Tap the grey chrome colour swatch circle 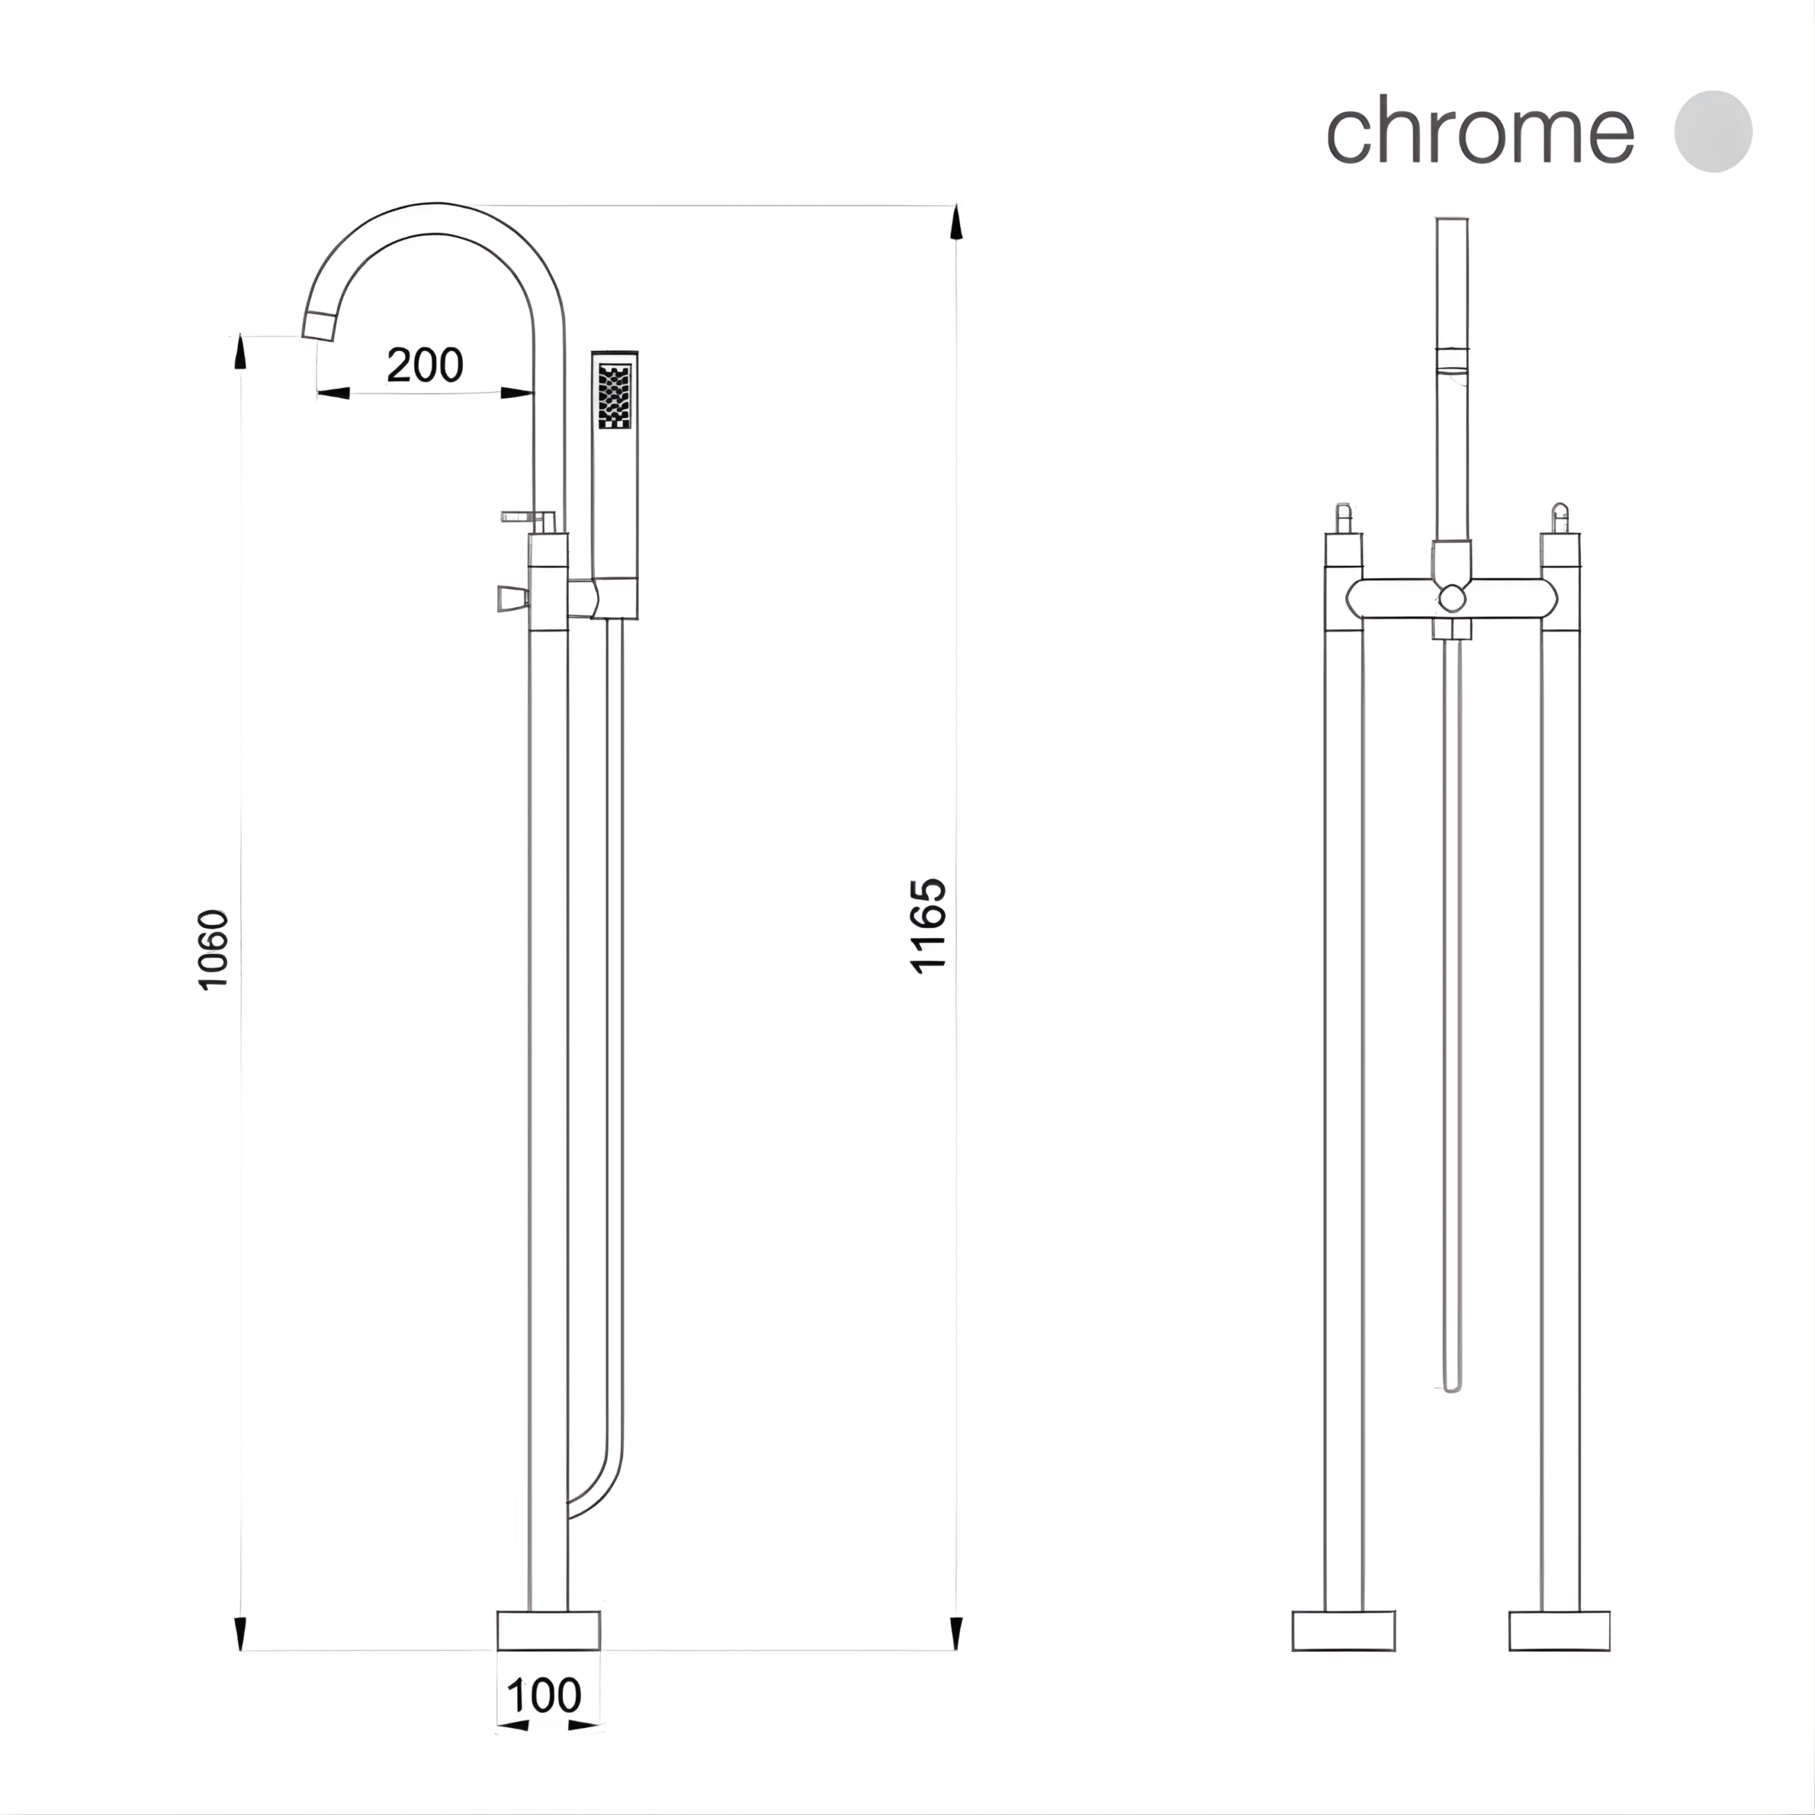coord(1713,132)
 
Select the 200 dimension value coord(425,365)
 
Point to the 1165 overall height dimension coord(928,925)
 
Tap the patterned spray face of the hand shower coord(615,396)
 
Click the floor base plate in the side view coord(549,1630)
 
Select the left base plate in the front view coord(1344,1631)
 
